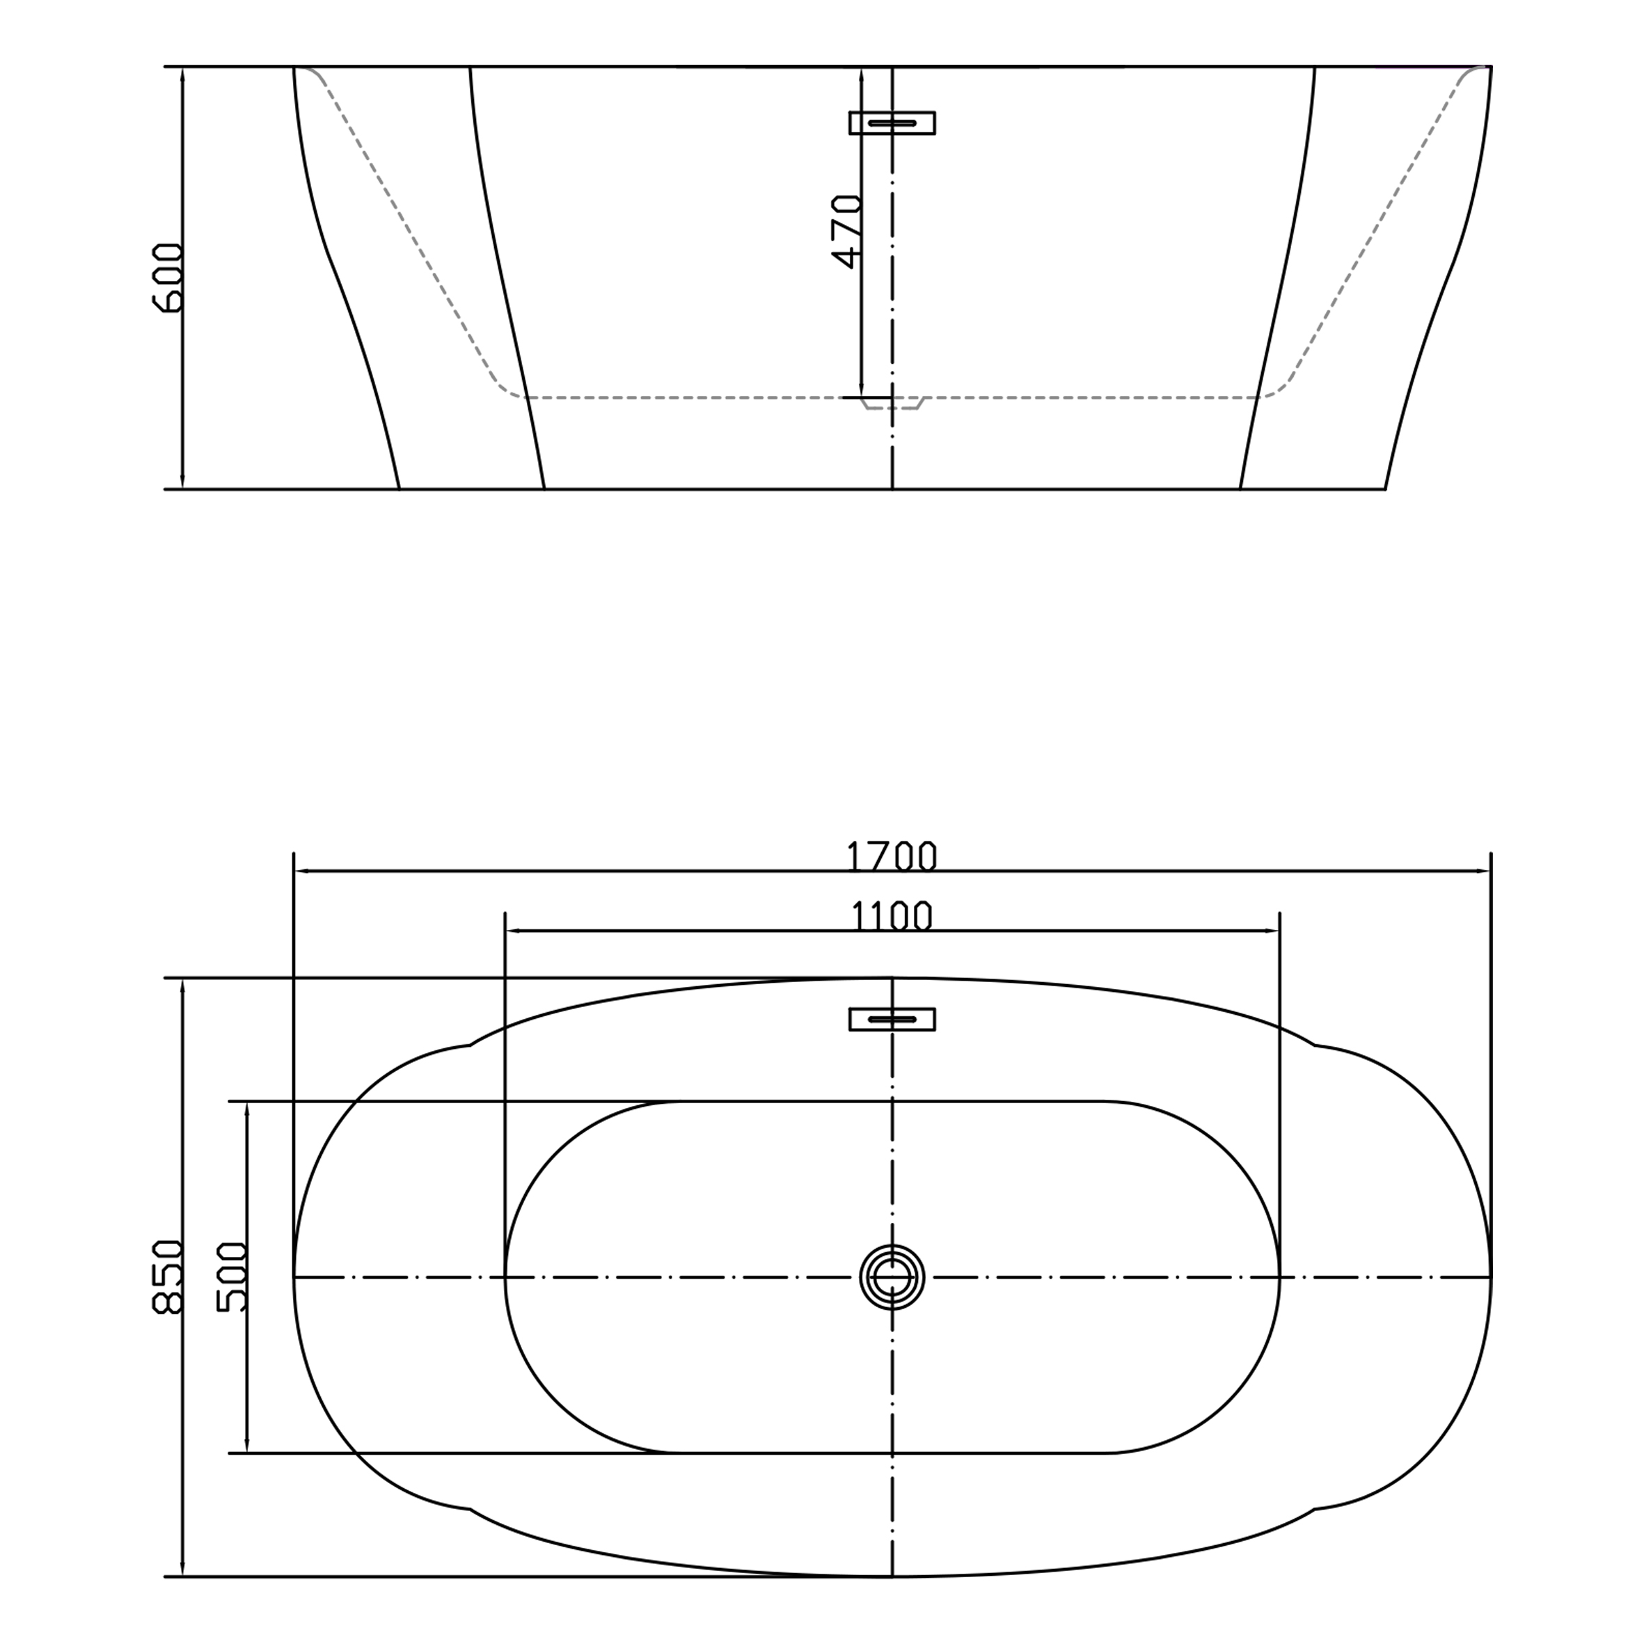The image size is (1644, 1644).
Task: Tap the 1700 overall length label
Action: click(x=892, y=856)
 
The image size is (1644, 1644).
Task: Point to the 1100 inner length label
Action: click(x=892, y=917)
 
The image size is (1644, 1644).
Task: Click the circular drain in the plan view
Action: click(x=892, y=1277)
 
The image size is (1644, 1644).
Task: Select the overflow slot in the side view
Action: click(x=892, y=123)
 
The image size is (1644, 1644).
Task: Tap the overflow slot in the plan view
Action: click(x=892, y=1020)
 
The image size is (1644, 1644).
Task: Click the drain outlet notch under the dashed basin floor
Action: click(x=892, y=402)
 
